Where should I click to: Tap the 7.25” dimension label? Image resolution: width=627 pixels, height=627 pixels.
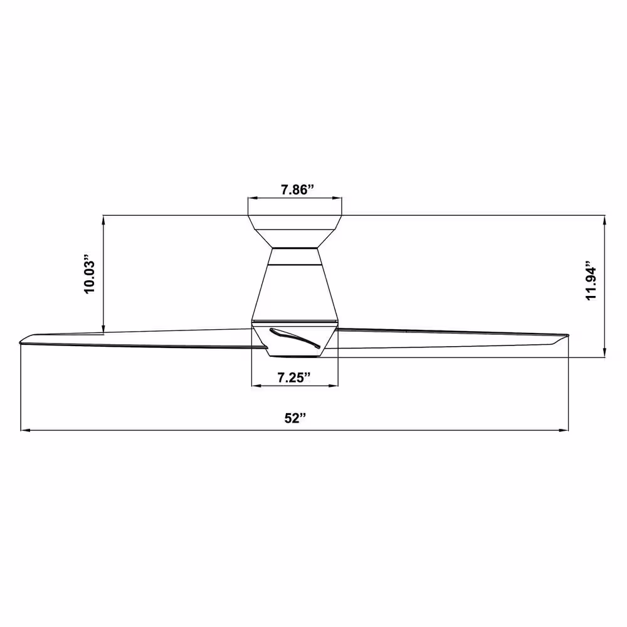[x=294, y=377]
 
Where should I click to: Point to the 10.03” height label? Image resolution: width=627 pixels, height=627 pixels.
[x=88, y=274]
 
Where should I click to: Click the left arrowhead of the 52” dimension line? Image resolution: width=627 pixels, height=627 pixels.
[x=25, y=431]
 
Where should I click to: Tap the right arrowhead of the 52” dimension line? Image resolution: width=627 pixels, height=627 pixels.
[x=564, y=431]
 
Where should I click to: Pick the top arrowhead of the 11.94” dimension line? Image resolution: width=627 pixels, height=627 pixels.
[x=604, y=220]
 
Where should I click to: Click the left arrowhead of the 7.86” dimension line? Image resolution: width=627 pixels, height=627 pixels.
[x=252, y=198]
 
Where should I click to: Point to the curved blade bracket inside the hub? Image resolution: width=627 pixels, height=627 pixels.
[x=295, y=337]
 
